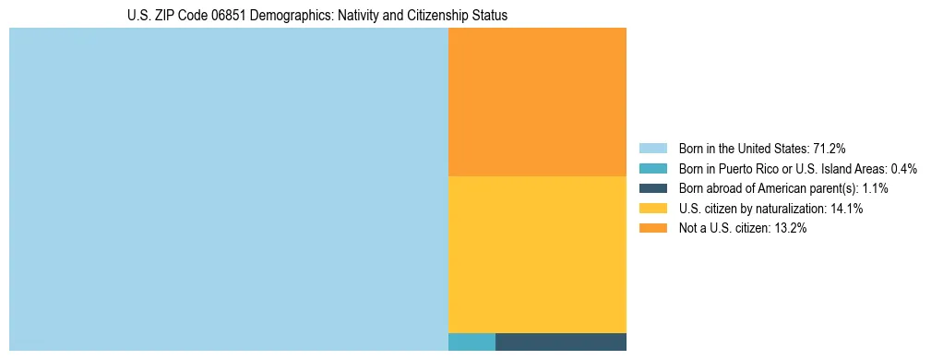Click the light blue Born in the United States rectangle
228,189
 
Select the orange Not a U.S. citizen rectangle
537,102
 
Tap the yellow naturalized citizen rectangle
537,254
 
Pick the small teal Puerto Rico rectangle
471,342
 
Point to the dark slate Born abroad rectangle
561,342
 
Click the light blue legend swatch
652,148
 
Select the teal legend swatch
652,168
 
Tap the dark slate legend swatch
652,188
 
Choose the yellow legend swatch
652,209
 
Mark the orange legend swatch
652,229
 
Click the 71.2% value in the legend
830,148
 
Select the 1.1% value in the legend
874,188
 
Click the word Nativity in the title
351,16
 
